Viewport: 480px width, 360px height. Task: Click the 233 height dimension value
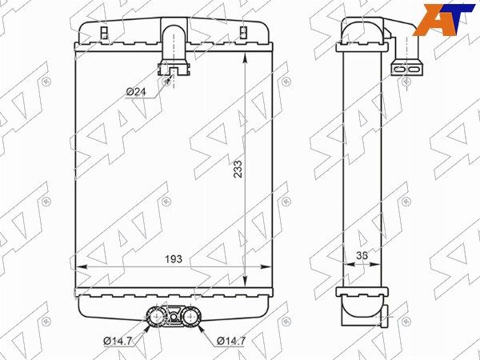pyautogui.click(x=238, y=169)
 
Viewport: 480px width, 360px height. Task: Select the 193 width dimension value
pyautogui.click(x=174, y=259)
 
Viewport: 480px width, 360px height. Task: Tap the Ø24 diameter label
pyautogui.click(x=136, y=91)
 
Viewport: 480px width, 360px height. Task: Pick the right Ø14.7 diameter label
pyautogui.click(x=231, y=341)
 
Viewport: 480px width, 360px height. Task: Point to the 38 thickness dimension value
pyautogui.click(x=362, y=255)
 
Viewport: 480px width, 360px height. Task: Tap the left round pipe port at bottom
pyautogui.click(x=157, y=315)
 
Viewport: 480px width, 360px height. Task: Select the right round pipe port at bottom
pyautogui.click(x=190, y=315)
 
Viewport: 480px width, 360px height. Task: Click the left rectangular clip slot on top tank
pyautogui.click(x=104, y=33)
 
